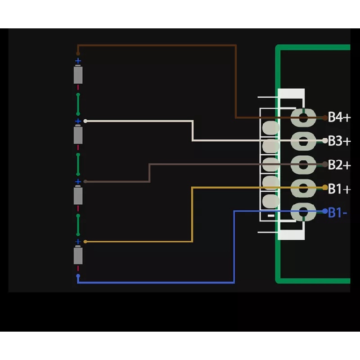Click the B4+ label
[339, 118]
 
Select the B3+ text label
[339, 141]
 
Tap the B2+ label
[339, 165]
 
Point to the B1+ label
[339, 189]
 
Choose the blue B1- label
[337, 212]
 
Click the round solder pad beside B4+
[303, 118]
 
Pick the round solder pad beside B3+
[303, 141]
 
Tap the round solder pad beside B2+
[303, 165]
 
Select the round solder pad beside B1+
[303, 188]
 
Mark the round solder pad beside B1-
[303, 211]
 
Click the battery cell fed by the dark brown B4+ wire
[78, 74]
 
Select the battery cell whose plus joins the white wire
[78, 135]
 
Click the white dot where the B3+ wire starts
[85, 121]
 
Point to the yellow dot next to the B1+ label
[325, 187]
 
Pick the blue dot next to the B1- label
[325, 210]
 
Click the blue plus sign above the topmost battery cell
[78, 61]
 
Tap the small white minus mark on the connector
[271, 216]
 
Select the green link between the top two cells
[78, 103]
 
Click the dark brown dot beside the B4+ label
[325, 118]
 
